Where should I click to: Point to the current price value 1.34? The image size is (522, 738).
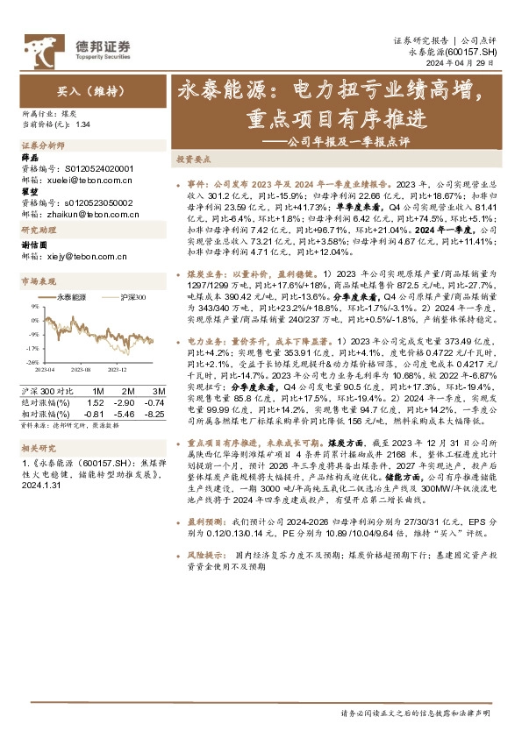coord(83,124)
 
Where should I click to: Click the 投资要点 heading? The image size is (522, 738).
coord(194,160)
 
